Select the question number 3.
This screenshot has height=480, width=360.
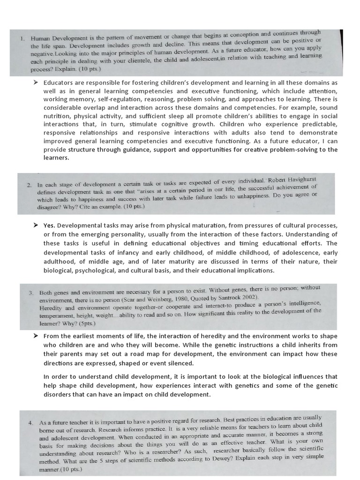click(x=31, y=292)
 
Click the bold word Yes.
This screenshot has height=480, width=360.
click(x=49, y=225)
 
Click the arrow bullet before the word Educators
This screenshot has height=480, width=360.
click(x=36, y=82)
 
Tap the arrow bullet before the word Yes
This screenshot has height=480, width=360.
click(x=36, y=225)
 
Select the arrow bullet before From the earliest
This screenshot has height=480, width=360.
click(x=36, y=336)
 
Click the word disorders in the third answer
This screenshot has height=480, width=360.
click(x=59, y=394)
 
